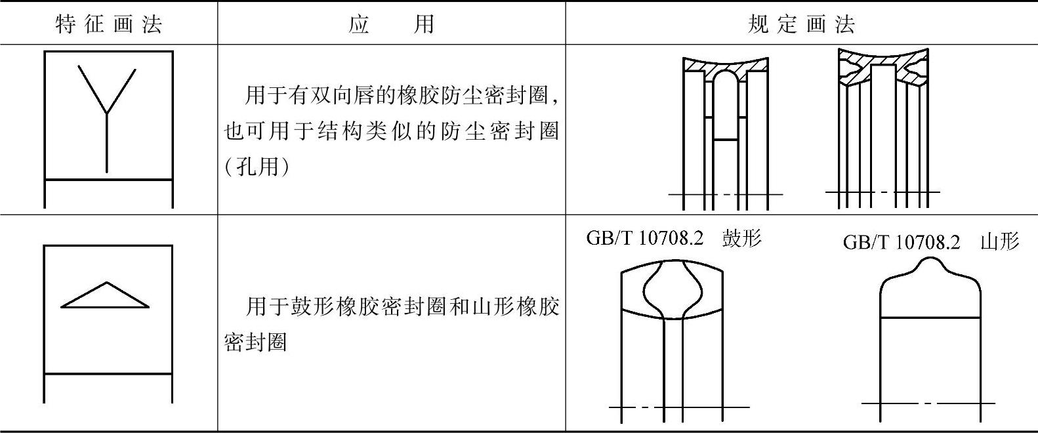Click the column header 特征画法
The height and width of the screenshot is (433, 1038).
click(109, 24)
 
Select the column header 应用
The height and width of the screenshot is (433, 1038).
click(392, 24)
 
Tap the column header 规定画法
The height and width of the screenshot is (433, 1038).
click(801, 24)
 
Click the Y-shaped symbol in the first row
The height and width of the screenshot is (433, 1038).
click(107, 112)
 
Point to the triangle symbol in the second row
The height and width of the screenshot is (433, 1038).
click(106, 297)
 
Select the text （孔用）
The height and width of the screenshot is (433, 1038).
click(257, 167)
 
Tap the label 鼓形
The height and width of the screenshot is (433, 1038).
click(741, 238)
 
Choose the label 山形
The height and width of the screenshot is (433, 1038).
click(999, 241)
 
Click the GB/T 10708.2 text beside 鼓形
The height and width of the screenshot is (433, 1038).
click(644, 238)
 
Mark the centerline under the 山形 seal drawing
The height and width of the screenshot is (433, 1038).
click(928, 403)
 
